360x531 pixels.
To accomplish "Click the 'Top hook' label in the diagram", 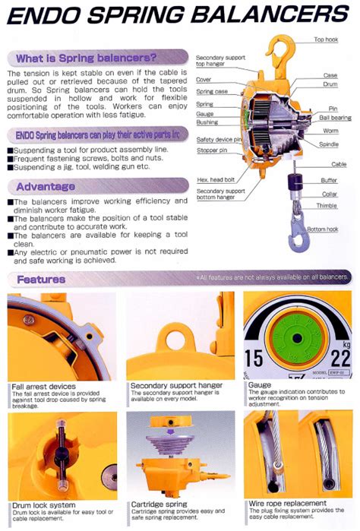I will (327, 40).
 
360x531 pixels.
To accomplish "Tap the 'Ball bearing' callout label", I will (335, 119).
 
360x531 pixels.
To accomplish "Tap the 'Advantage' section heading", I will (46, 186).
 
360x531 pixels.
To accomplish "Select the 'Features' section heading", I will (41, 279).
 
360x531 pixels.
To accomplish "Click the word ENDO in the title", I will (46, 14).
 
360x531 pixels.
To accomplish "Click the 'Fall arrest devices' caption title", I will (43, 386).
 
